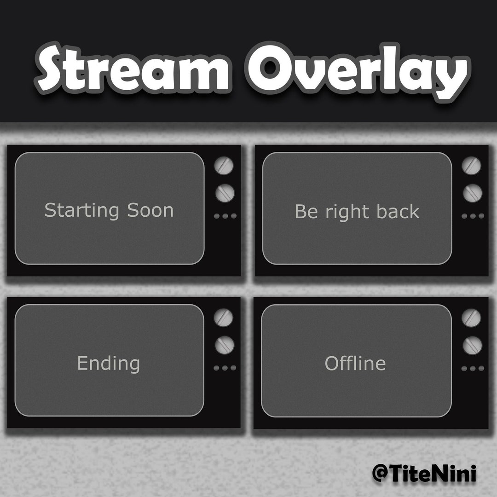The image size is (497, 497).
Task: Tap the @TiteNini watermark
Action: point(424,473)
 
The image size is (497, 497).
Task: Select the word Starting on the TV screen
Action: point(81,211)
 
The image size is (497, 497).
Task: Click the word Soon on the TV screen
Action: point(150,210)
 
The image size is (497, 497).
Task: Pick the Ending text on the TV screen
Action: point(109,364)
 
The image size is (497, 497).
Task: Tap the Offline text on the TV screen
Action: point(355,364)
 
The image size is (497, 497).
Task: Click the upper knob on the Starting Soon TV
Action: point(224,165)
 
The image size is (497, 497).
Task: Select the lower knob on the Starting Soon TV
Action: point(225,193)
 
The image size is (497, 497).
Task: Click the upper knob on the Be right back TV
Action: point(472,165)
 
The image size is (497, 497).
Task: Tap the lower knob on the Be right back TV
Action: point(472,193)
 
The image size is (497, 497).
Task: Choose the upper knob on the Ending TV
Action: point(224,318)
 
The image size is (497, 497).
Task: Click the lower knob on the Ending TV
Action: point(225,345)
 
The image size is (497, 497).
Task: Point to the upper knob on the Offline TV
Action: point(472,318)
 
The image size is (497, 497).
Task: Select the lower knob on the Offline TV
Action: point(472,345)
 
